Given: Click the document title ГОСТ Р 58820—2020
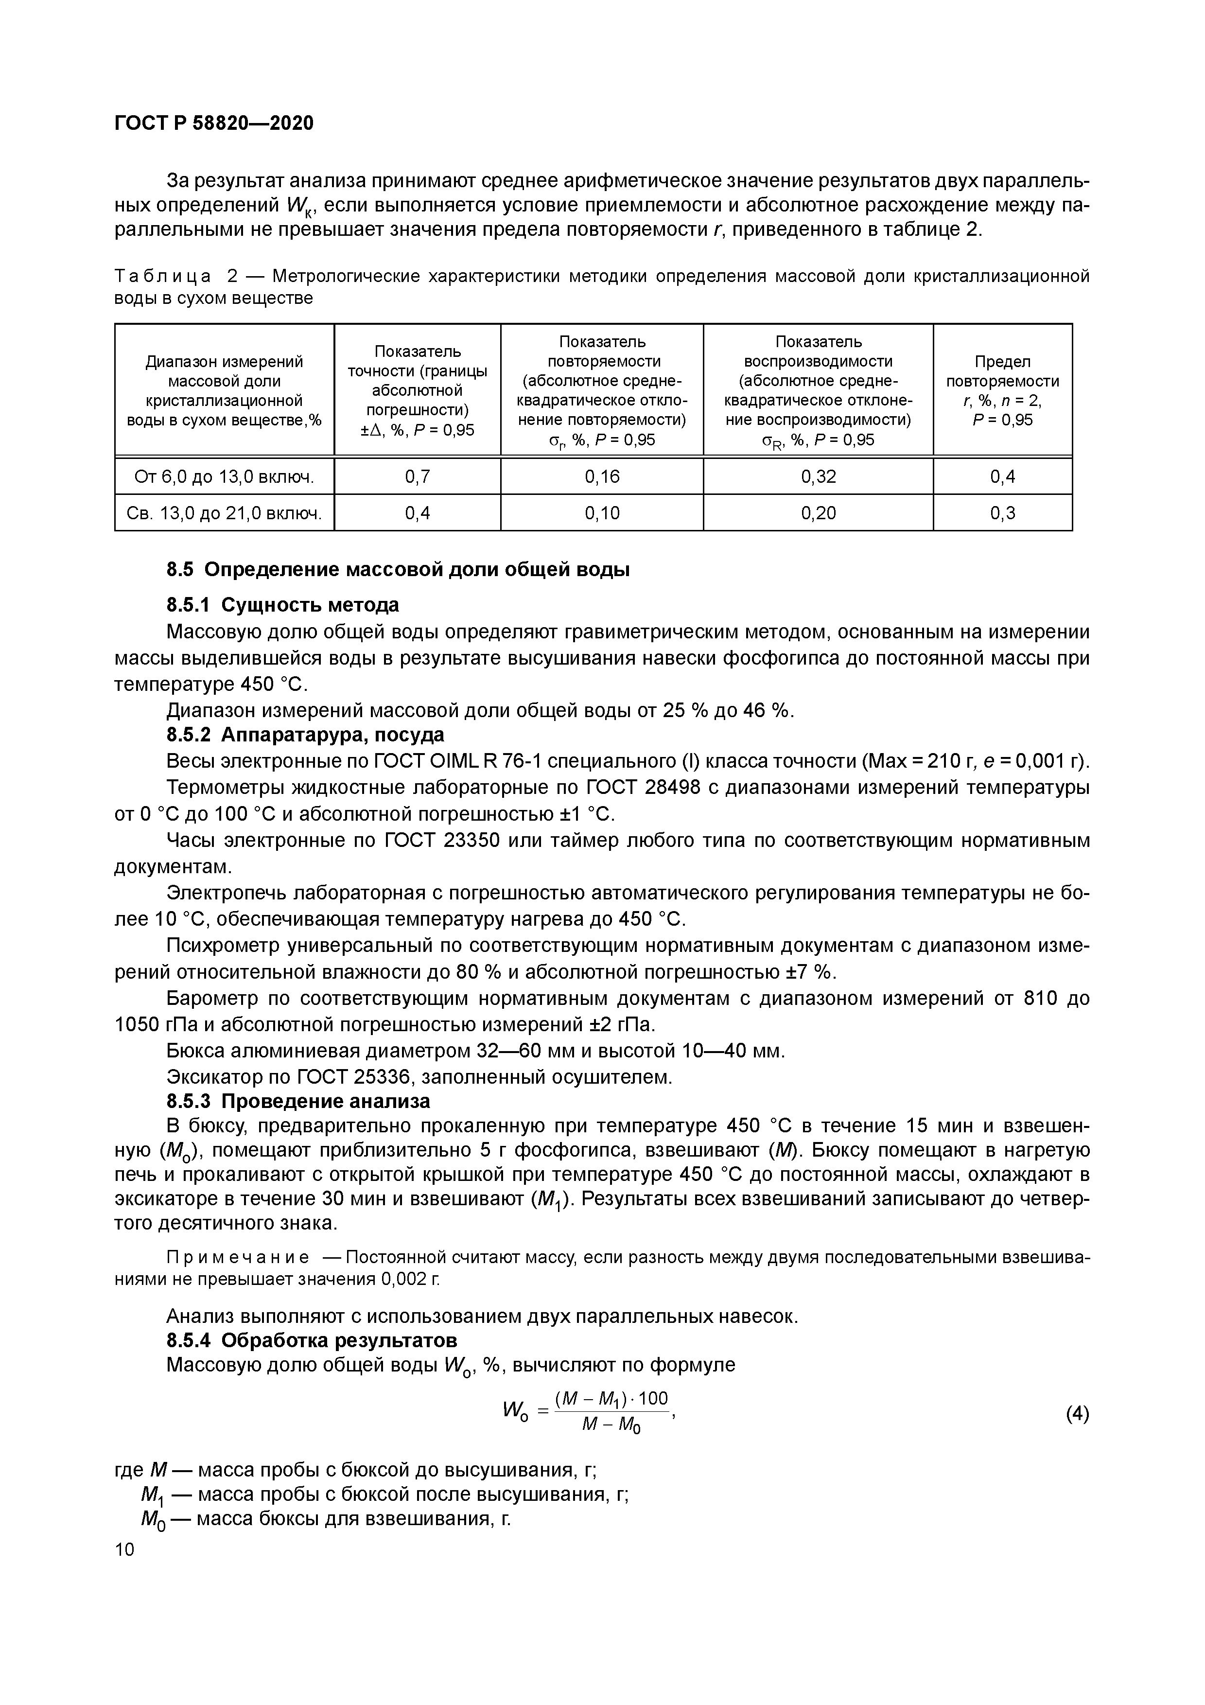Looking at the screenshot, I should [x=214, y=123].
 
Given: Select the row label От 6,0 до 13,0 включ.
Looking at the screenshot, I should [x=224, y=477].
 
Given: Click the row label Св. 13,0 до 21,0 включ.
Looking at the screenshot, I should [x=224, y=513].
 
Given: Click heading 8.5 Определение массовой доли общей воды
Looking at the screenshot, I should [x=398, y=570].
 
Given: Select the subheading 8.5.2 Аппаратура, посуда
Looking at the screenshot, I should [x=305, y=735].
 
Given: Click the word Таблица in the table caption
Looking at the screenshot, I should [x=163, y=277].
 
